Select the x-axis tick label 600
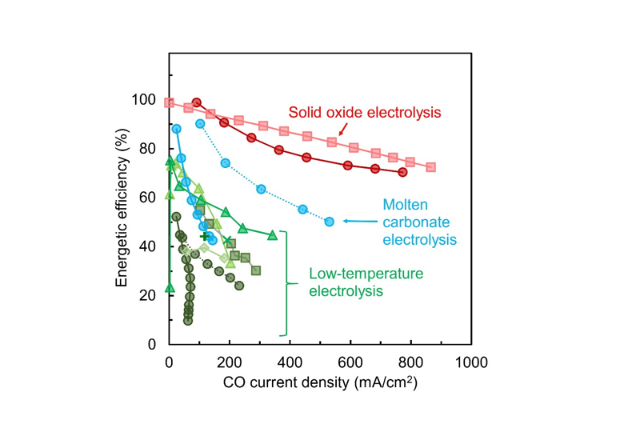point(350,362)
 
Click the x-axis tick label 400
point(290,362)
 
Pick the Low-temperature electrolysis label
point(366,282)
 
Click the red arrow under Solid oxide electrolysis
point(339,131)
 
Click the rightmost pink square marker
point(431,167)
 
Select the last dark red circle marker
point(402,172)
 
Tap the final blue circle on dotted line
point(329,222)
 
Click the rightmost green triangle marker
point(272,234)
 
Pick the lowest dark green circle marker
point(188,321)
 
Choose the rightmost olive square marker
point(256,270)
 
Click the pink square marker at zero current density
point(169,102)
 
